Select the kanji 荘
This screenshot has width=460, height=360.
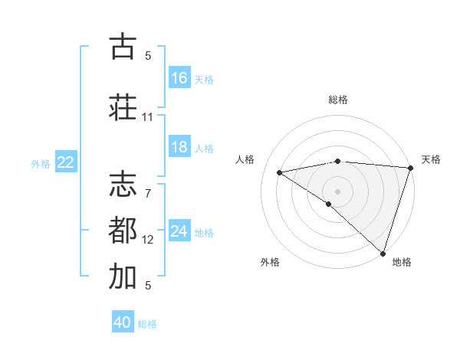[x=123, y=107]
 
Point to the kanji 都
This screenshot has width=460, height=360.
[x=123, y=231]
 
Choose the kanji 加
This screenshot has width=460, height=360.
[x=123, y=277]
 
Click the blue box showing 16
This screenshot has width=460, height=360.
[x=179, y=78]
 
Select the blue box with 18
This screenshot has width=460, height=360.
[x=179, y=148]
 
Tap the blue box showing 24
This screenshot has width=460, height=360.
[x=179, y=231]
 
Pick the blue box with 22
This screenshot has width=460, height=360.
[x=66, y=162]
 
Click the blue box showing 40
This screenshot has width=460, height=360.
[x=123, y=323]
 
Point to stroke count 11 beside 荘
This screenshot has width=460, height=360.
[x=147, y=117]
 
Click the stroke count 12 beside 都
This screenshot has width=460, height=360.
[x=148, y=240]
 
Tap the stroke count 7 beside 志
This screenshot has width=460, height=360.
[x=148, y=184]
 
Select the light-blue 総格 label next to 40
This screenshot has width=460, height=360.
[x=147, y=324]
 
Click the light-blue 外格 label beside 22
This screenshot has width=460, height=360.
[x=41, y=163]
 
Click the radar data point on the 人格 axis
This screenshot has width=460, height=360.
[x=279, y=172]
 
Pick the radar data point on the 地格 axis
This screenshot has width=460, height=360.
[x=383, y=253]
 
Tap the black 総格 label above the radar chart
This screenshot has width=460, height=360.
[x=338, y=100]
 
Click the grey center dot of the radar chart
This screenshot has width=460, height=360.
[x=337, y=191]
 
